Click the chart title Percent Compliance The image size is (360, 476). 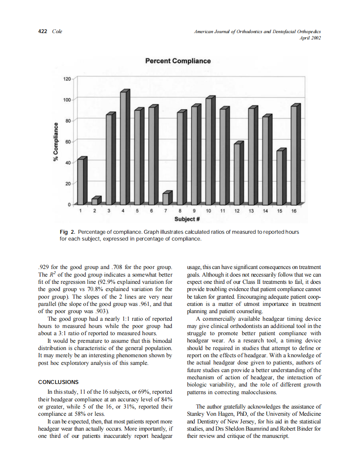tap(178, 61)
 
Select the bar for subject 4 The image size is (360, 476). tap(123, 148)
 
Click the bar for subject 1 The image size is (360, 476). tap(81, 182)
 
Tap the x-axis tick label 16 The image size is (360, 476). tap(294, 211)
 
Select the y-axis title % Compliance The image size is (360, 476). tap(55, 141)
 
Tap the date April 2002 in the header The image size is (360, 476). tap(310, 38)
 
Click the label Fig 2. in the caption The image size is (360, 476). tap(67, 232)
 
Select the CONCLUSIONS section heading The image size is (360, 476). tap(58, 382)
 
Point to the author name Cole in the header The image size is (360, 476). tap(57, 31)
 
